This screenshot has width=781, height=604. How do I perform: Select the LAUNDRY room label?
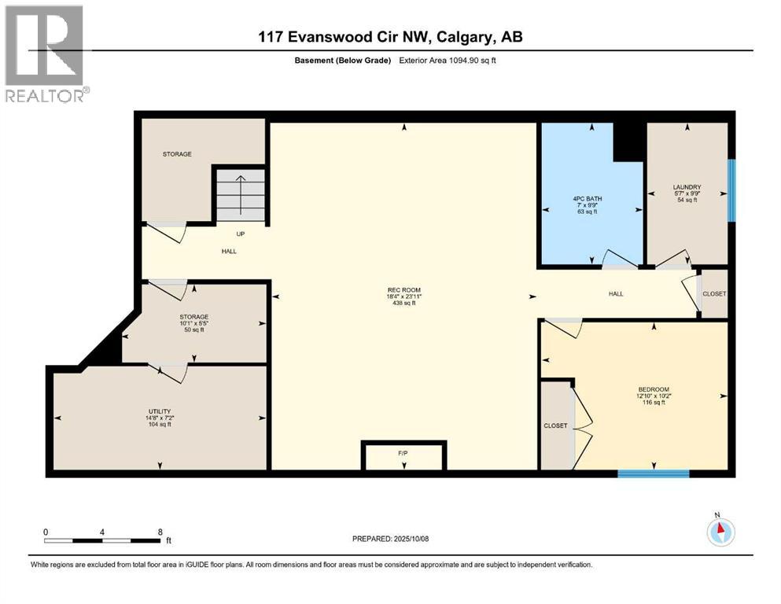pos(687,187)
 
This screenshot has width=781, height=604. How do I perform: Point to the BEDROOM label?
pos(653,390)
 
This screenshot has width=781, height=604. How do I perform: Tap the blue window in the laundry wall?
pos(731,190)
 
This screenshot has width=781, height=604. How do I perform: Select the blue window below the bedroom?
pos(653,473)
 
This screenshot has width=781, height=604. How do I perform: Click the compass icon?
pos(720,532)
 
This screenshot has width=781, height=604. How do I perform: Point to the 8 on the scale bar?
pos(160,532)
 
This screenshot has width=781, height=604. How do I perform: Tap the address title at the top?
pos(390,37)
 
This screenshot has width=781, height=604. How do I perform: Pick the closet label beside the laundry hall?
pos(714,294)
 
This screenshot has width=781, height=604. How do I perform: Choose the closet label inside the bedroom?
pos(555,425)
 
